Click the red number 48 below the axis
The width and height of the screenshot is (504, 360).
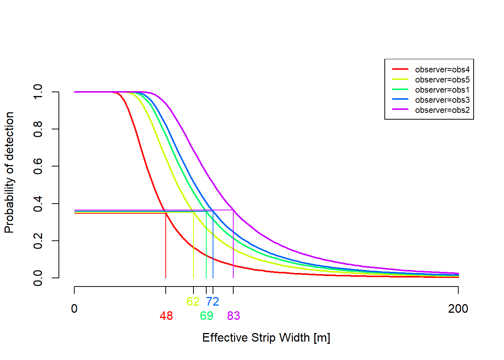tap(166, 316)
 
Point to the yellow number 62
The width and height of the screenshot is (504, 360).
tap(193, 301)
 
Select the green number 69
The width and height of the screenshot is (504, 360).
tap(207, 316)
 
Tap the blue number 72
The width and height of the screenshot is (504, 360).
tap(213, 301)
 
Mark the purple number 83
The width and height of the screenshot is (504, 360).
tap(233, 316)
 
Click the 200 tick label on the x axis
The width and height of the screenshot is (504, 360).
tap(458, 309)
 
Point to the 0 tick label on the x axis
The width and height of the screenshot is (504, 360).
tap(74, 309)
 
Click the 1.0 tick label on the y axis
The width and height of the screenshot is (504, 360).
tap(38, 92)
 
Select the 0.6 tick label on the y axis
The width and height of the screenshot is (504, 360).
tap(38, 166)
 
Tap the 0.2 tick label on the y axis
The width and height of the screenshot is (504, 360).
tap(38, 240)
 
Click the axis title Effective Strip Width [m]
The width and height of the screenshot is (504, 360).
tap(266, 337)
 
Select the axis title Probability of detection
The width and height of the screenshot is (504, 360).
tap(9, 172)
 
